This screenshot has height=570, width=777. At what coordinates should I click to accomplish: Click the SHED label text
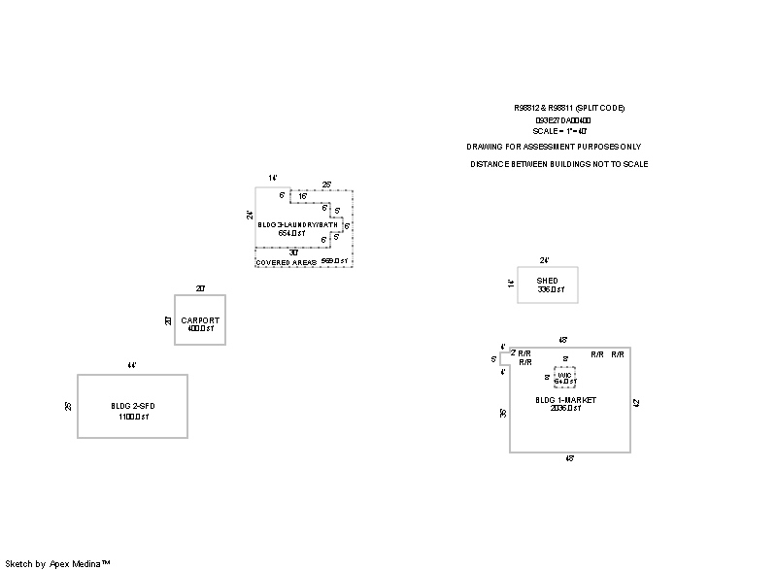[547, 281]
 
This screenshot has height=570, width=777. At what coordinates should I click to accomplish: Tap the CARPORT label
[200, 320]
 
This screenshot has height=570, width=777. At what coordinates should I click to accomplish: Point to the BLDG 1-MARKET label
[565, 400]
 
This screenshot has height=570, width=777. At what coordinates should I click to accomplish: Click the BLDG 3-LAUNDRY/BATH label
[298, 225]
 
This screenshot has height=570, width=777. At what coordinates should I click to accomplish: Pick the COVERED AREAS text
[286, 263]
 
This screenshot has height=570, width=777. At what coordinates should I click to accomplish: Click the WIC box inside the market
[564, 377]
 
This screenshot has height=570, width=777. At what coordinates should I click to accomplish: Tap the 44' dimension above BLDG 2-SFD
[132, 366]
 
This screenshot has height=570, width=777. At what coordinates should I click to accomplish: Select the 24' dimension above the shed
[545, 260]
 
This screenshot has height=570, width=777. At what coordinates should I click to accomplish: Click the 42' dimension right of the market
[636, 402]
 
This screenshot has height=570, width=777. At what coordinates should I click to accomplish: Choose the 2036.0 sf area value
[565, 409]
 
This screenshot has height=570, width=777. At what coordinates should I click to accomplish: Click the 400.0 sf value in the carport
[200, 329]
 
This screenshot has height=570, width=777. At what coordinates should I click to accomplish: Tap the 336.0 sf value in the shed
[550, 290]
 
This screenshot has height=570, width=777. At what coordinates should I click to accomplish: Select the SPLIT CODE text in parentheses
[599, 107]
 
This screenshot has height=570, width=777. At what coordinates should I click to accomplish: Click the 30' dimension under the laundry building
[293, 252]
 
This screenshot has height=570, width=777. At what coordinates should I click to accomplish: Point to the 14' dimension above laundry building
[274, 178]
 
